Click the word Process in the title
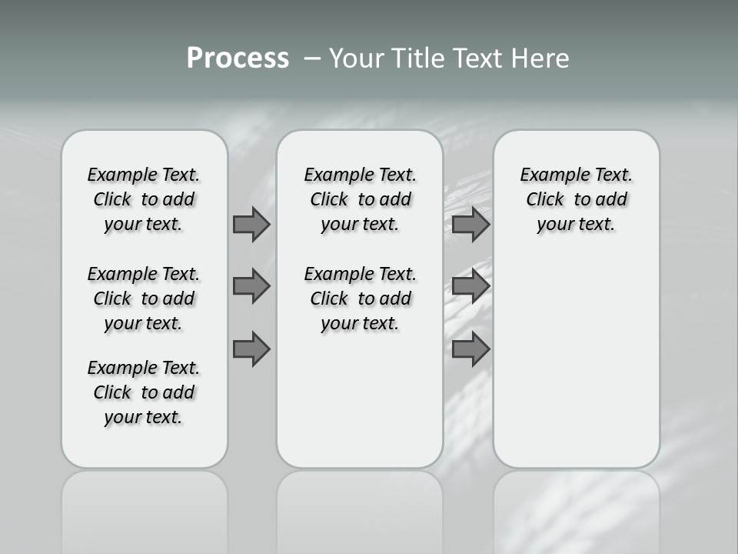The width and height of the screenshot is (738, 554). click(x=238, y=58)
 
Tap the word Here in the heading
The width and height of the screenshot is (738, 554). click(x=537, y=58)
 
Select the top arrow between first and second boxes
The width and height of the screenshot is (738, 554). click(x=251, y=224)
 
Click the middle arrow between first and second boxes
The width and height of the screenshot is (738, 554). click(x=251, y=286)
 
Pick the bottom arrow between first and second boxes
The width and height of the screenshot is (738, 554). click(x=251, y=349)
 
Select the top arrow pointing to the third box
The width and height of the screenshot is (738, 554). click(x=470, y=224)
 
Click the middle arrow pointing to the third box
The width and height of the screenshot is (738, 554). click(x=470, y=286)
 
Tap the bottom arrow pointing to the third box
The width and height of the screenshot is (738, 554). click(x=470, y=349)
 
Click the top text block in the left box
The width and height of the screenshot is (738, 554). click(x=144, y=199)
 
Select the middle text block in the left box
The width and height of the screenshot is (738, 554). click(x=144, y=299)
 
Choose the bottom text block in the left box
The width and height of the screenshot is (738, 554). click(x=144, y=392)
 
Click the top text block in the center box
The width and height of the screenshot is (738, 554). click(x=360, y=199)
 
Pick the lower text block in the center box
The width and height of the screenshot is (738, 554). click(x=360, y=299)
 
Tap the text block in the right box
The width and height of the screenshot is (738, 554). click(x=576, y=199)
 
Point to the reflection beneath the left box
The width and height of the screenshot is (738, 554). click(x=145, y=508)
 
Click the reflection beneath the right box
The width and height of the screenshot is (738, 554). click(x=577, y=508)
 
